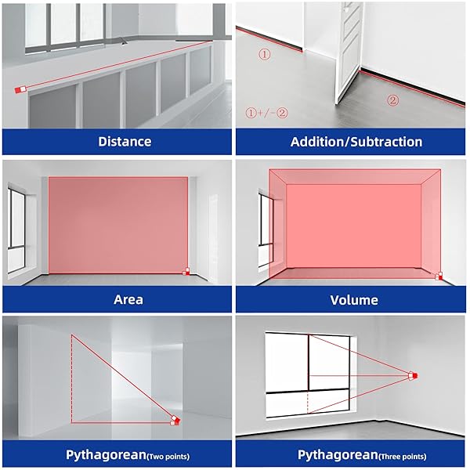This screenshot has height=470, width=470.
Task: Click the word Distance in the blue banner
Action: (125, 142)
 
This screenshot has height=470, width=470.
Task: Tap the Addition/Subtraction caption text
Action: (356, 142)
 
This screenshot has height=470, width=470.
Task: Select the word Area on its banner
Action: (128, 299)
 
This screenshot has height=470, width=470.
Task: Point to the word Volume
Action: (354, 300)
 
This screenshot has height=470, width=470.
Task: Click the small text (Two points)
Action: (168, 457)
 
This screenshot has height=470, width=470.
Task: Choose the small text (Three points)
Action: (403, 457)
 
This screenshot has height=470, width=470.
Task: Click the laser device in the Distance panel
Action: (20, 89)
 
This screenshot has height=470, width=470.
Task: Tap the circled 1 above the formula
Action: (264, 54)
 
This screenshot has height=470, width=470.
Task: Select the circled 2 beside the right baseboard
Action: (392, 100)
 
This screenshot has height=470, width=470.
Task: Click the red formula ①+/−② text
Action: (266, 113)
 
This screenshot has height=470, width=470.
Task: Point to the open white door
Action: (349, 51)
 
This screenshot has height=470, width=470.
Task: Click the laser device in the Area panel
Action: (186, 272)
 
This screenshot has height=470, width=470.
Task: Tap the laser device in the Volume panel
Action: (439, 277)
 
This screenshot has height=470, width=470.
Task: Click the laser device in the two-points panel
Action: (175, 420)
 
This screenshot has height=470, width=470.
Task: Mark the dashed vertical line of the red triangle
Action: (71, 379)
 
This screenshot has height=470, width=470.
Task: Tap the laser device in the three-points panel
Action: (413, 375)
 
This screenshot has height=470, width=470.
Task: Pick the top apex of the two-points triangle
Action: (71, 334)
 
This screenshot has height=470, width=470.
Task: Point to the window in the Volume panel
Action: (266, 229)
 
